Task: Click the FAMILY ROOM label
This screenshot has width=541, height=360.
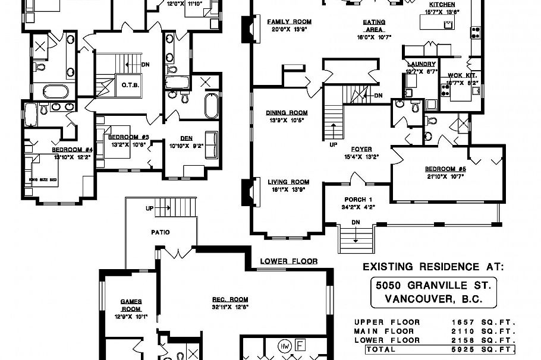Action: tap(289, 22)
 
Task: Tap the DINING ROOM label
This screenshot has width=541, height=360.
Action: tap(287, 112)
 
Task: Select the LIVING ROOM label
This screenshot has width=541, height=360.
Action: tap(288, 182)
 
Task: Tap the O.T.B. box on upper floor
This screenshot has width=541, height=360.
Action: tap(130, 84)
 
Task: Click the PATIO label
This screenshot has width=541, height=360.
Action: tap(161, 232)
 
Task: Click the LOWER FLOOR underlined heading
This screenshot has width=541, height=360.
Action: tap(289, 261)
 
